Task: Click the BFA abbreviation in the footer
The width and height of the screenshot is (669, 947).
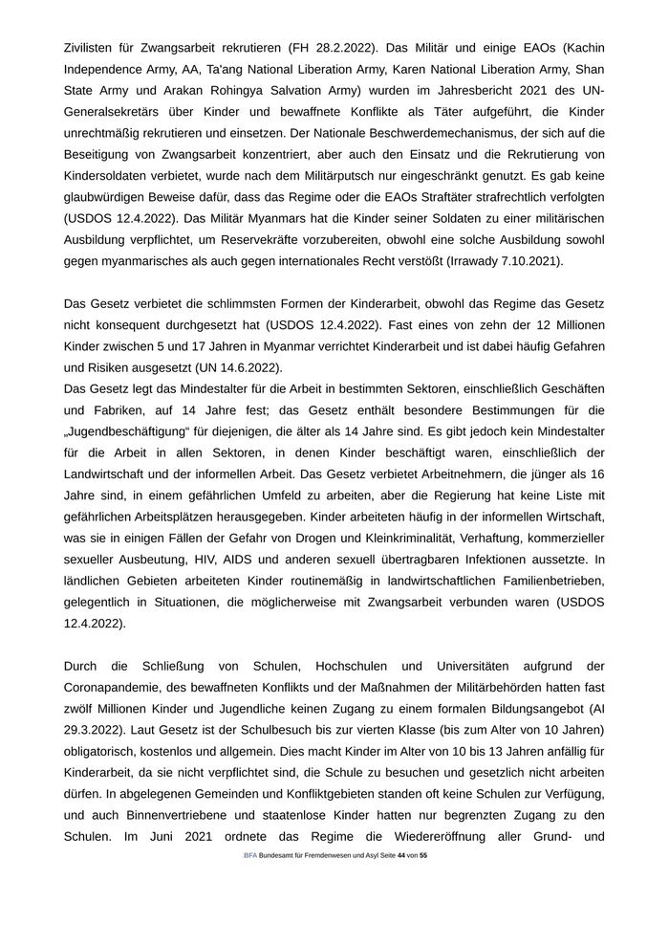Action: click(x=249, y=855)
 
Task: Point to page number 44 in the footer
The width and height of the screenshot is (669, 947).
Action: click(x=400, y=855)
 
